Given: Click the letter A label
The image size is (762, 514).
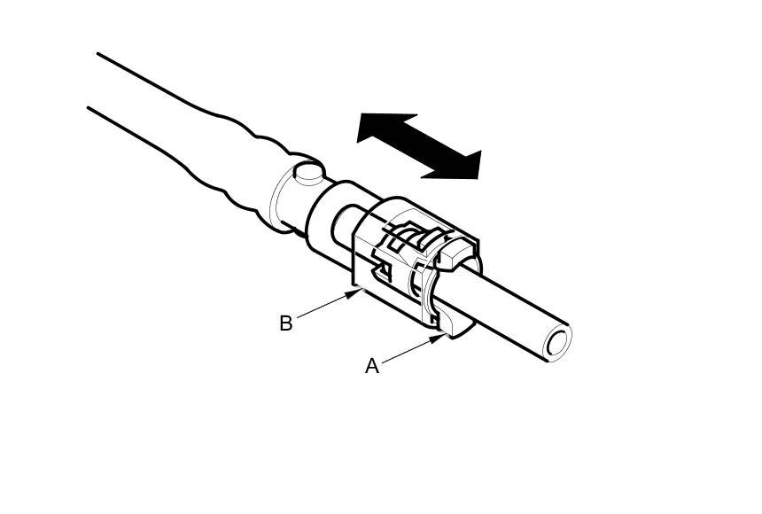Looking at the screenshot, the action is (x=372, y=366).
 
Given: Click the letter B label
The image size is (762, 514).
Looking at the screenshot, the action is (x=285, y=323).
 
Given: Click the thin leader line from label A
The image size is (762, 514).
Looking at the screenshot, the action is (x=409, y=349).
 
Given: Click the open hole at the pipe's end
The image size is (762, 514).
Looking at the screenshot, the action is (x=556, y=344).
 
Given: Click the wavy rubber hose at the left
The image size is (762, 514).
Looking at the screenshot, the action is (x=177, y=124).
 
